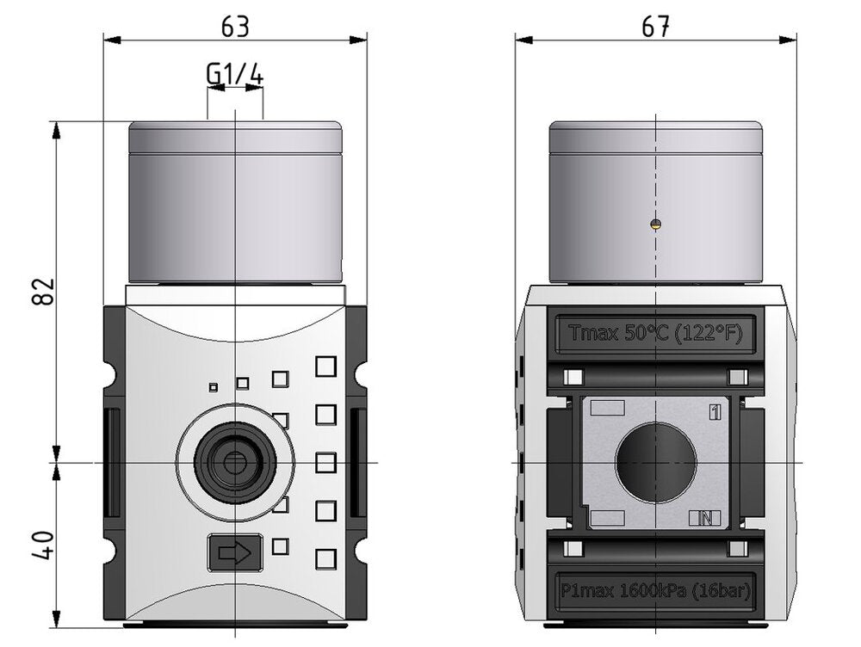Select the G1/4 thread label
pos(234,76)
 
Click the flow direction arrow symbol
pos(235,552)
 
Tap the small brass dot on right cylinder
pos(655,225)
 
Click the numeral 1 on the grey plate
pos(714,411)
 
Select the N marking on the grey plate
pos(705,518)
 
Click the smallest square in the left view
pos(213,386)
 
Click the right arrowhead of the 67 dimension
pos(791,39)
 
